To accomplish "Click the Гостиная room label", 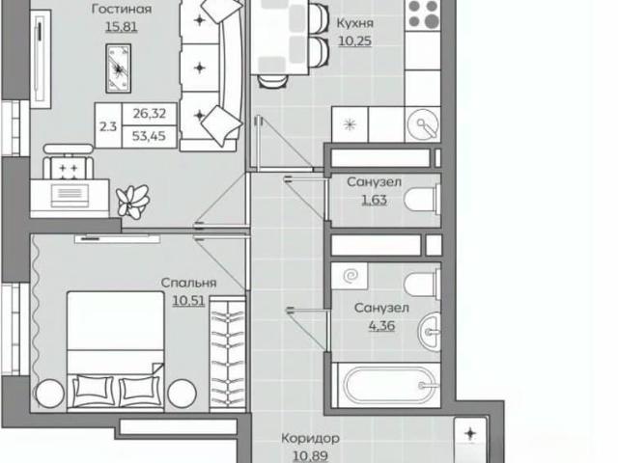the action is pos(122,9).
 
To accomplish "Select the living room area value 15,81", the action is pos(122,27).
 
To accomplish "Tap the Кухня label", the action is pos(354,23).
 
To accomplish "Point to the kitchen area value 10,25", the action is pos(354,41).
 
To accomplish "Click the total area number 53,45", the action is pos(149,136).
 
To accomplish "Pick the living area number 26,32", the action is pos(149,114).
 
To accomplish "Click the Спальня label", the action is pos(189,283).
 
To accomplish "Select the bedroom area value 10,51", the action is pos(189,301).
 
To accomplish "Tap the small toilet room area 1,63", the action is pos(374,200).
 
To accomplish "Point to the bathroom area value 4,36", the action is pos(381,326).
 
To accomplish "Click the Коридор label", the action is pos(311,438).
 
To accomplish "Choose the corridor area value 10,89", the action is pos(311,456).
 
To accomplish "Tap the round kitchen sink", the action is pos(423,124).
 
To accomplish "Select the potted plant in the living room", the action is pos(133,201).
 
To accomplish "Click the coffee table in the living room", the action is pos(118,68).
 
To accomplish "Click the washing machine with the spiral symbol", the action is pos(350,276).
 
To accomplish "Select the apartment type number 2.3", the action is pos(108,126).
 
